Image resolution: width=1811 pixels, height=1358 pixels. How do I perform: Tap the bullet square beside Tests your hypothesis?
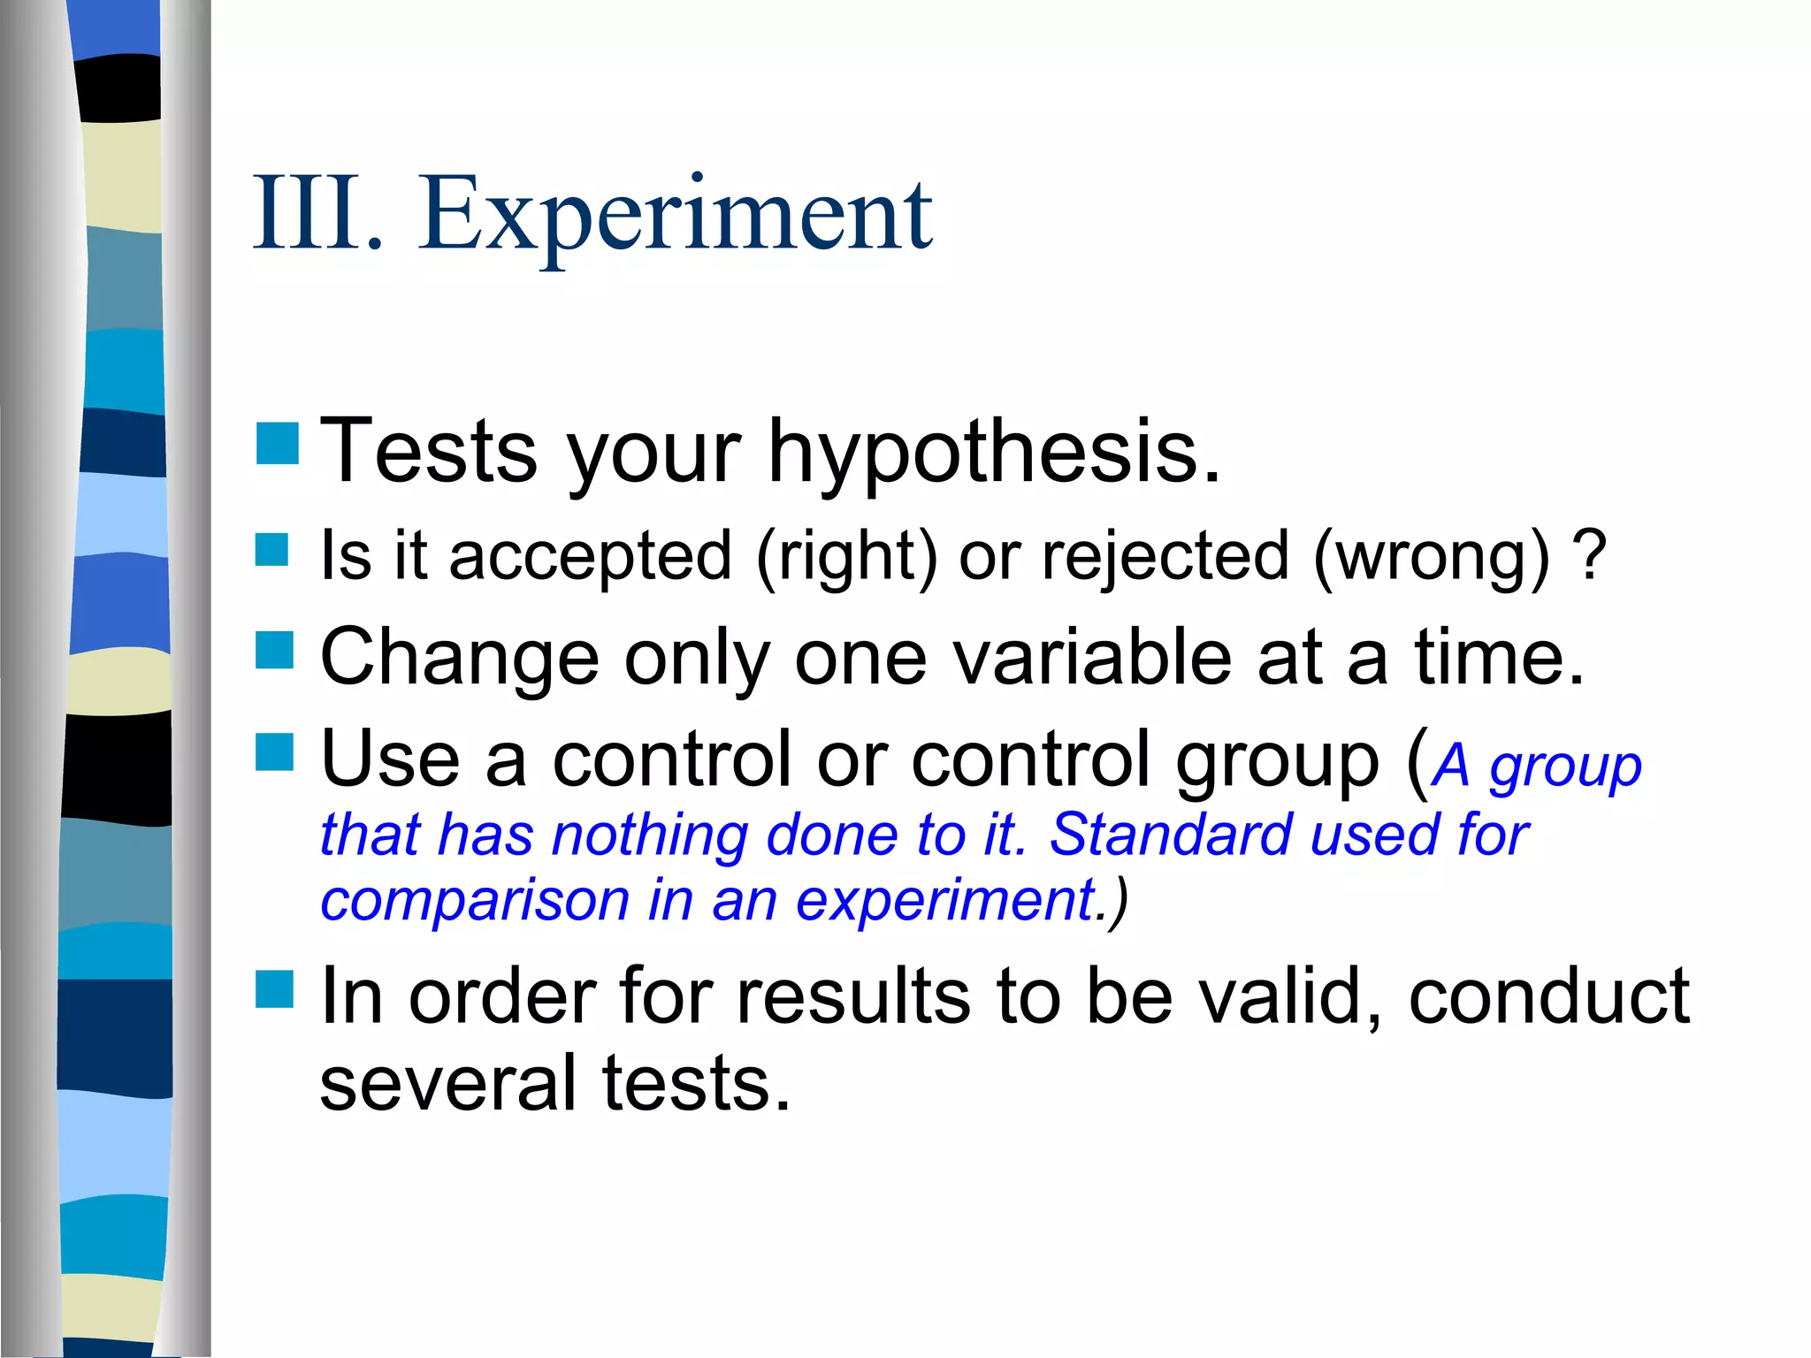pyautogui.click(x=277, y=444)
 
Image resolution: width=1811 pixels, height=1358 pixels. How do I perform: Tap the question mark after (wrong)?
pyautogui.click(x=1590, y=555)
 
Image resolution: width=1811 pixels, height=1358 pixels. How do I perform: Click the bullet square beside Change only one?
pyautogui.click(x=274, y=651)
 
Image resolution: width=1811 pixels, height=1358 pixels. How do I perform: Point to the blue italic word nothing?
pyautogui.click(x=650, y=835)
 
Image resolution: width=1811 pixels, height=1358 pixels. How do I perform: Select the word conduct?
pyautogui.click(x=1548, y=996)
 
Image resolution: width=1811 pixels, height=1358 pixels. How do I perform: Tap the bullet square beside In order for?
pyautogui.click(x=274, y=989)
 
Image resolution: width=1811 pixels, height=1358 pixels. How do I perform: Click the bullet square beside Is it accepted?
pyautogui.click(x=272, y=549)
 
